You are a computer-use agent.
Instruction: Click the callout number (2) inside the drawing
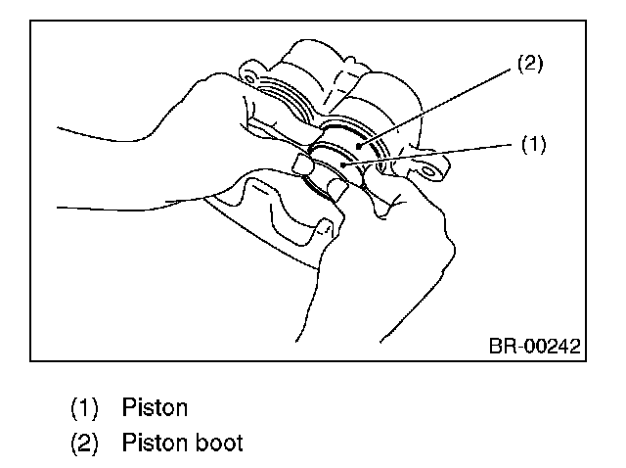[528, 65]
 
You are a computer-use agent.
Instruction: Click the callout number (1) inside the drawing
[531, 144]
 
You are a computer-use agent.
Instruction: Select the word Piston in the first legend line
[155, 405]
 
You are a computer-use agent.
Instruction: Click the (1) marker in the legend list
[84, 405]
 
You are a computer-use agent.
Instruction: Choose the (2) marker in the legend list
[84, 442]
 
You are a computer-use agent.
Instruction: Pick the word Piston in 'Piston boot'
[155, 442]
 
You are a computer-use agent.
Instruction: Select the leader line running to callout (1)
[430, 155]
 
